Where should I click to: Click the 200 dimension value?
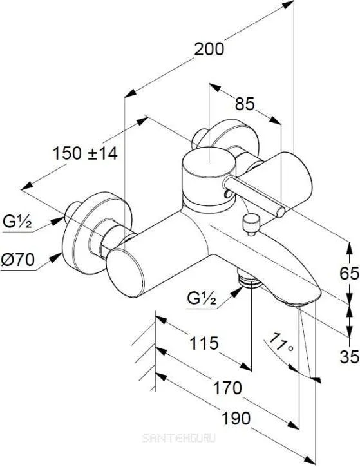209,49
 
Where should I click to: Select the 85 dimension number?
245,104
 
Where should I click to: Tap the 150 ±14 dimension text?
85,154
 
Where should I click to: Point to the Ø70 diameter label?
17,260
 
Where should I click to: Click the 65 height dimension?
350,273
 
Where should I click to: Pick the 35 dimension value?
350,356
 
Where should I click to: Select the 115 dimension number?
204,343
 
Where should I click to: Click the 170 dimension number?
227,388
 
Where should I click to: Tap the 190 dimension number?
236,418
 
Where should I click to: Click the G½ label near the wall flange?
17,222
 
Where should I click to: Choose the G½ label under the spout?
202,298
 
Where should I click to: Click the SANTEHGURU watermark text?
178,438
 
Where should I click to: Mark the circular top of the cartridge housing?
209,162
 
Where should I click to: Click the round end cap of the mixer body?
126,273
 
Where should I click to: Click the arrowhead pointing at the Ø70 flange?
55,257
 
